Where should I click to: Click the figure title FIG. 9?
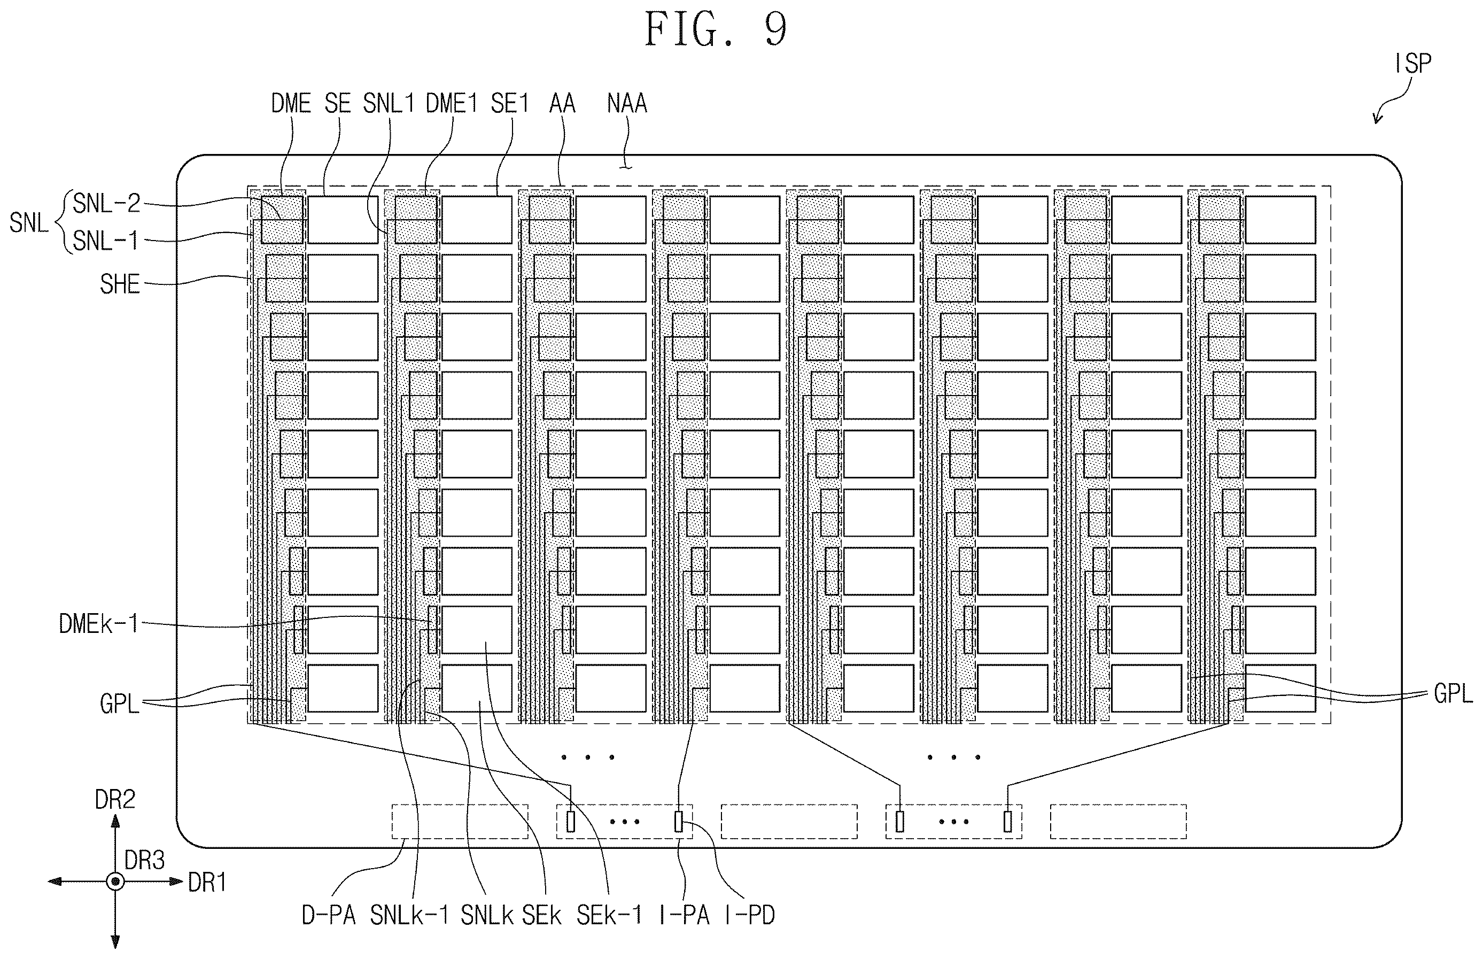click(716, 29)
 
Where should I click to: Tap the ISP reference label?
click(1414, 63)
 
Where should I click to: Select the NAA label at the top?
click(627, 103)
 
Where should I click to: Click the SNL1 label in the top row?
click(389, 103)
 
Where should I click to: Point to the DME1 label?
click(452, 103)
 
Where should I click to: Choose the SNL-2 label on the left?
click(106, 204)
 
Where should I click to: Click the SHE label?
click(120, 284)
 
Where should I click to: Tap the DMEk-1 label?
click(98, 623)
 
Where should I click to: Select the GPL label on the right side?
click(1453, 693)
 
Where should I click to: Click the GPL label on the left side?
click(119, 703)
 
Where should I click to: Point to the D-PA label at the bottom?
click(329, 915)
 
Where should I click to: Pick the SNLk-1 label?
click(409, 915)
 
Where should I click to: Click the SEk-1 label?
click(609, 915)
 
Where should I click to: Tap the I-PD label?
click(750, 915)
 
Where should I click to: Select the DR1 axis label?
click(207, 882)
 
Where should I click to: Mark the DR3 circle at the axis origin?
click(115, 881)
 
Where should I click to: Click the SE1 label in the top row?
click(509, 103)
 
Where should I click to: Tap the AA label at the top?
click(562, 103)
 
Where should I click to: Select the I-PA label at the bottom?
click(684, 915)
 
